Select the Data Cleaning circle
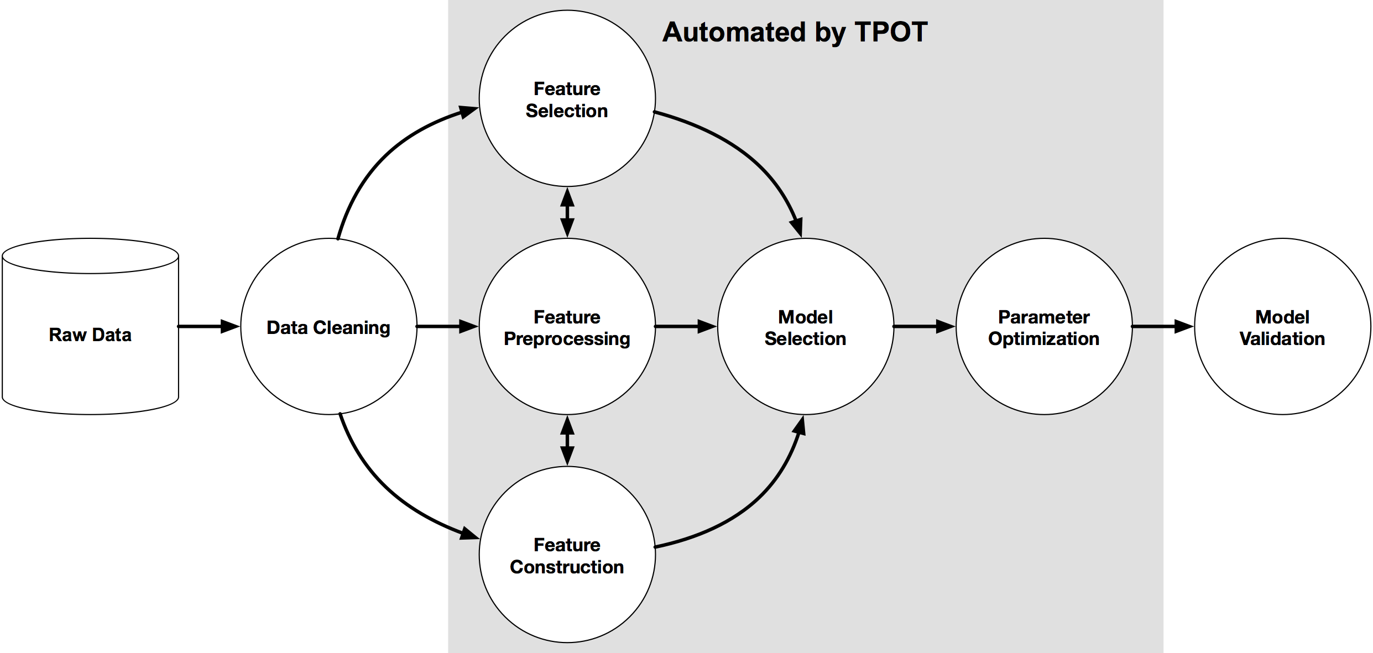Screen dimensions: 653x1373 (x=328, y=327)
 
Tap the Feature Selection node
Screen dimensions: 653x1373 (x=567, y=99)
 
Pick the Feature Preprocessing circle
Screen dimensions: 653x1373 (x=567, y=327)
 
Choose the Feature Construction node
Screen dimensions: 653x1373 (x=567, y=555)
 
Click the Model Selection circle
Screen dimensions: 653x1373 (x=805, y=327)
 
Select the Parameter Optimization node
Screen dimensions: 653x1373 (x=1043, y=327)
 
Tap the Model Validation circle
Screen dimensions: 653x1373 (x=1282, y=327)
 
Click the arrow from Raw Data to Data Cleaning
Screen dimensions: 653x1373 (x=207, y=326)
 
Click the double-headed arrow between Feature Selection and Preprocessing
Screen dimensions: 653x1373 (x=567, y=212)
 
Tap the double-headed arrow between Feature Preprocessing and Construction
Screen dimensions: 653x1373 (x=567, y=441)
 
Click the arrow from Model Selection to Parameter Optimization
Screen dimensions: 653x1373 (x=923, y=326)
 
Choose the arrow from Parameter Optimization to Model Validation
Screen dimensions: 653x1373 (x=1162, y=326)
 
